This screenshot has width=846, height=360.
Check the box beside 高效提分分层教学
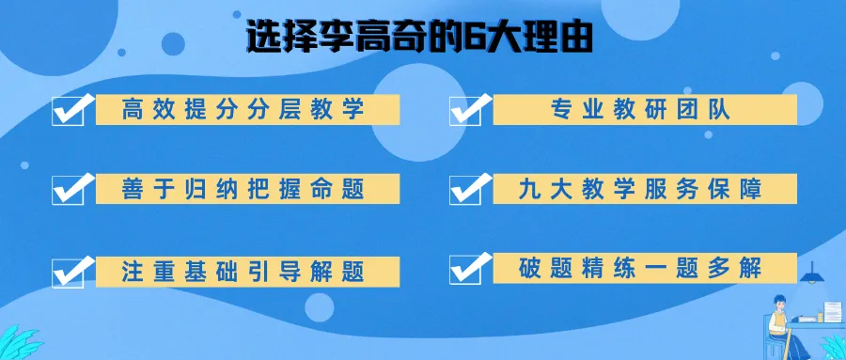tap(70, 110)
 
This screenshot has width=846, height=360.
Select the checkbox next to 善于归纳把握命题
tap(70, 188)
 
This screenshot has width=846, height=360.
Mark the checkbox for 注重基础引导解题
tap(70, 270)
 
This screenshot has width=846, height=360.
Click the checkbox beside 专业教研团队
tap(467, 110)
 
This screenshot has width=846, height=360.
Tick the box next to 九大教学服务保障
tap(467, 188)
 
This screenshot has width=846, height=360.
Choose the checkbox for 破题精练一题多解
tap(467, 268)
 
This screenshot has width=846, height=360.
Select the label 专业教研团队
tap(639, 109)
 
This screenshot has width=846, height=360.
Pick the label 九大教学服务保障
tap(639, 189)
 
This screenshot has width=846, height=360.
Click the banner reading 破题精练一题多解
tap(639, 268)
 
